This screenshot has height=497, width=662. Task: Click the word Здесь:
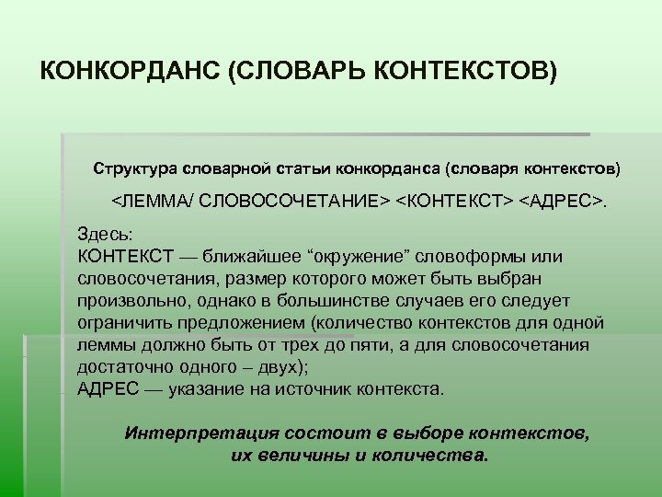pos(106,235)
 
